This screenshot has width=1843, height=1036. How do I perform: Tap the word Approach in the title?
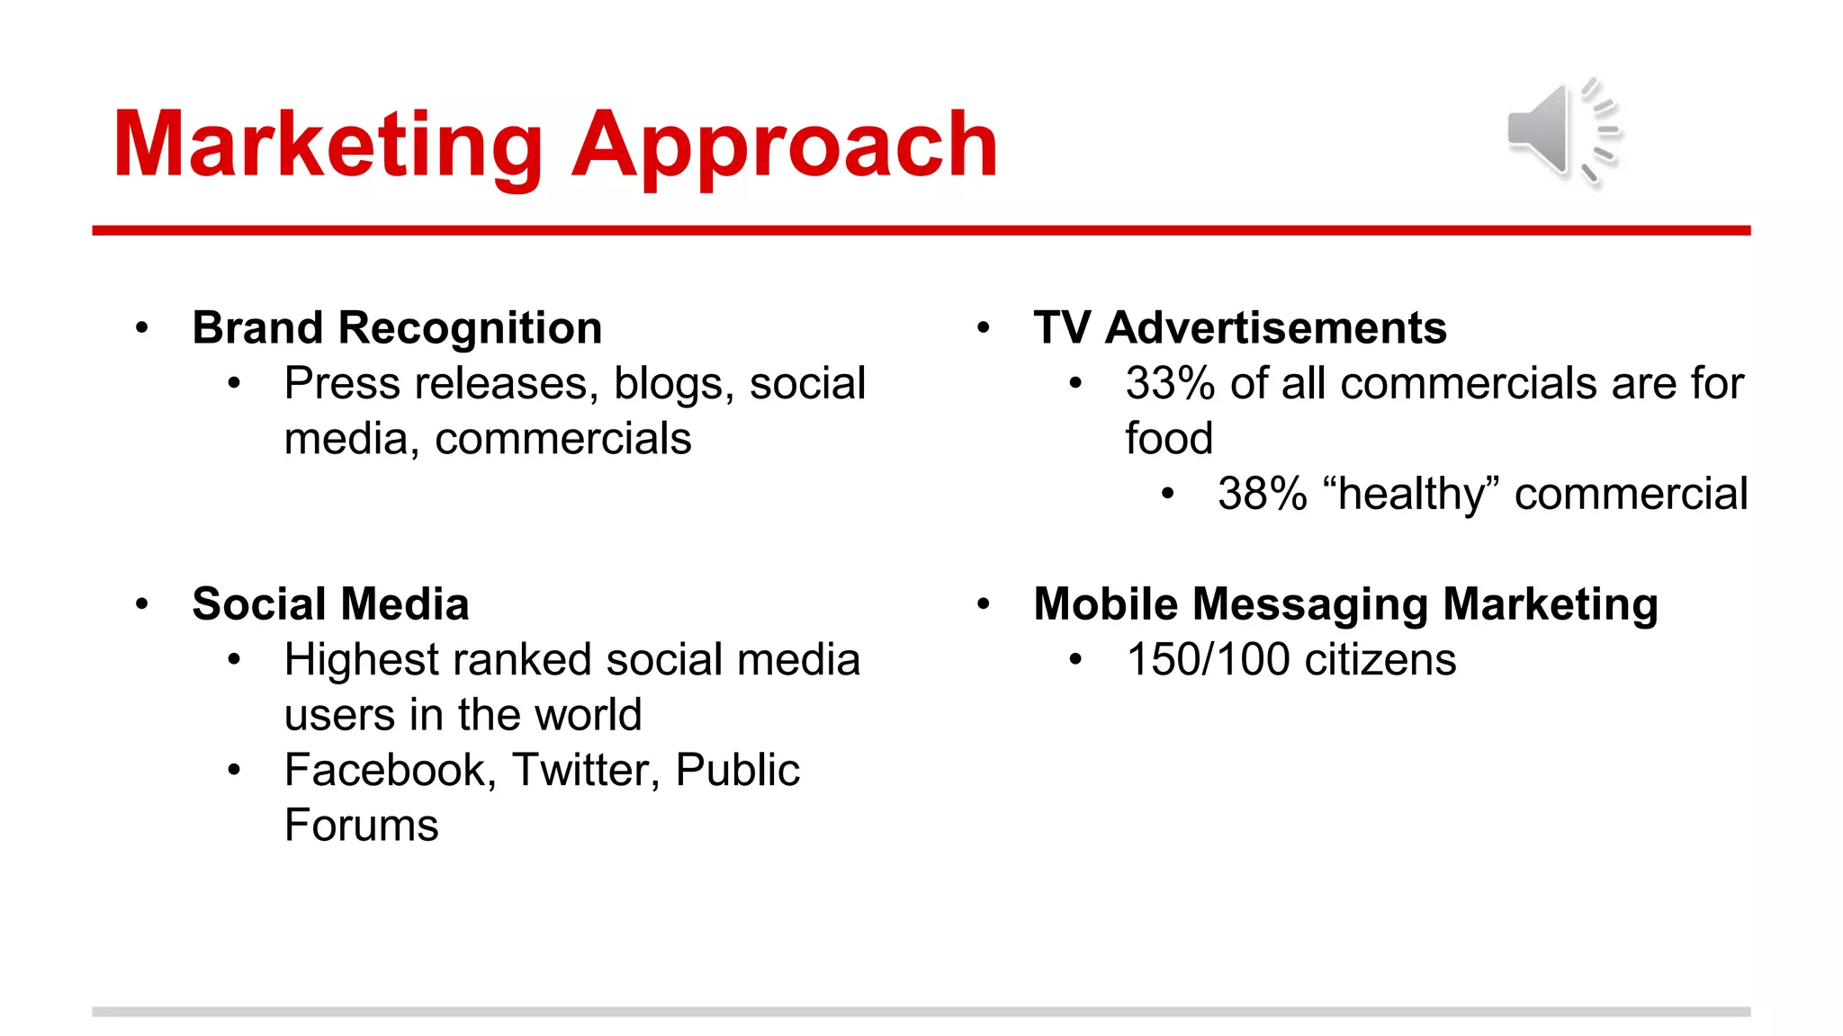point(785,146)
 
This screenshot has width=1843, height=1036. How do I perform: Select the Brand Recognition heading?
point(397,327)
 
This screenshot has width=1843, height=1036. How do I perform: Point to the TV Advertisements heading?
point(1239,327)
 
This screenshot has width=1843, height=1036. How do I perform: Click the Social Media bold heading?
point(330,603)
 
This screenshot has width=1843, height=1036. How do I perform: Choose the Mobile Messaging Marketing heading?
point(1345,603)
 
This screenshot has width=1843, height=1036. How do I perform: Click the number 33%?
point(1170,384)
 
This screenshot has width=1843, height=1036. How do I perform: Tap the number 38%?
point(1262,495)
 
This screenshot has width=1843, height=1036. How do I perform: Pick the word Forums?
point(361,826)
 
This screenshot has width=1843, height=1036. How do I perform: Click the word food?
point(1168,439)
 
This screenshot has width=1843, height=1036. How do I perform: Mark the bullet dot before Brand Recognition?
point(141,328)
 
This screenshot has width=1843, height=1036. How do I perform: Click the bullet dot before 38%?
point(1167,494)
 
